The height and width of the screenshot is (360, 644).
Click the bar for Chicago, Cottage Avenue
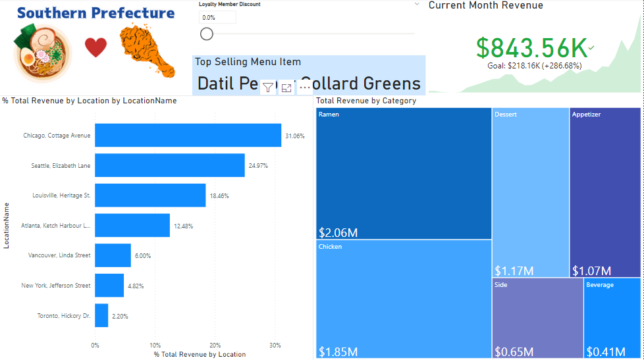pyautogui.click(x=188, y=136)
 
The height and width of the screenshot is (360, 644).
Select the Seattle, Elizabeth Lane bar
pyautogui.click(x=169, y=165)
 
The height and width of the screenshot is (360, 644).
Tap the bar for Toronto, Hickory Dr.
pyautogui.click(x=101, y=315)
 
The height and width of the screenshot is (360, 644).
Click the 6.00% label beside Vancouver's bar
pyautogui.click(x=144, y=255)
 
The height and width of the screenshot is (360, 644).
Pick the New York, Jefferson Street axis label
pyautogui.click(x=56, y=286)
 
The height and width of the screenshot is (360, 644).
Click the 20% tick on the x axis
pyautogui.click(x=215, y=345)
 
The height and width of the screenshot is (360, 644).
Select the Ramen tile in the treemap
pyautogui.click(x=404, y=172)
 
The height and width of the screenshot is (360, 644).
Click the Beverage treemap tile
pyautogui.click(x=612, y=318)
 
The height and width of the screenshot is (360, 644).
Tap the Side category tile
pyautogui.click(x=537, y=318)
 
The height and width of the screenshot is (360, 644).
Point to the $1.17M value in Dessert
pyautogui.click(x=514, y=270)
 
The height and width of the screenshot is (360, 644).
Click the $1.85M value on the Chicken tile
pyautogui.click(x=338, y=351)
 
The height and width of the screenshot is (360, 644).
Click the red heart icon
pyautogui.click(x=95, y=47)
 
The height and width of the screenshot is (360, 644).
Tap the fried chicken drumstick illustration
pyautogui.click(x=146, y=49)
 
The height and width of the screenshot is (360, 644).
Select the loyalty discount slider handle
pyautogui.click(x=207, y=34)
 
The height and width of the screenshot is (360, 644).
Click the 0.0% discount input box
pyautogui.click(x=217, y=18)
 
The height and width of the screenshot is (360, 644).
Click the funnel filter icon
pyautogui.click(x=268, y=88)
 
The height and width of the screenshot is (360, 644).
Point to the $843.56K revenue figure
pyautogui.click(x=531, y=47)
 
